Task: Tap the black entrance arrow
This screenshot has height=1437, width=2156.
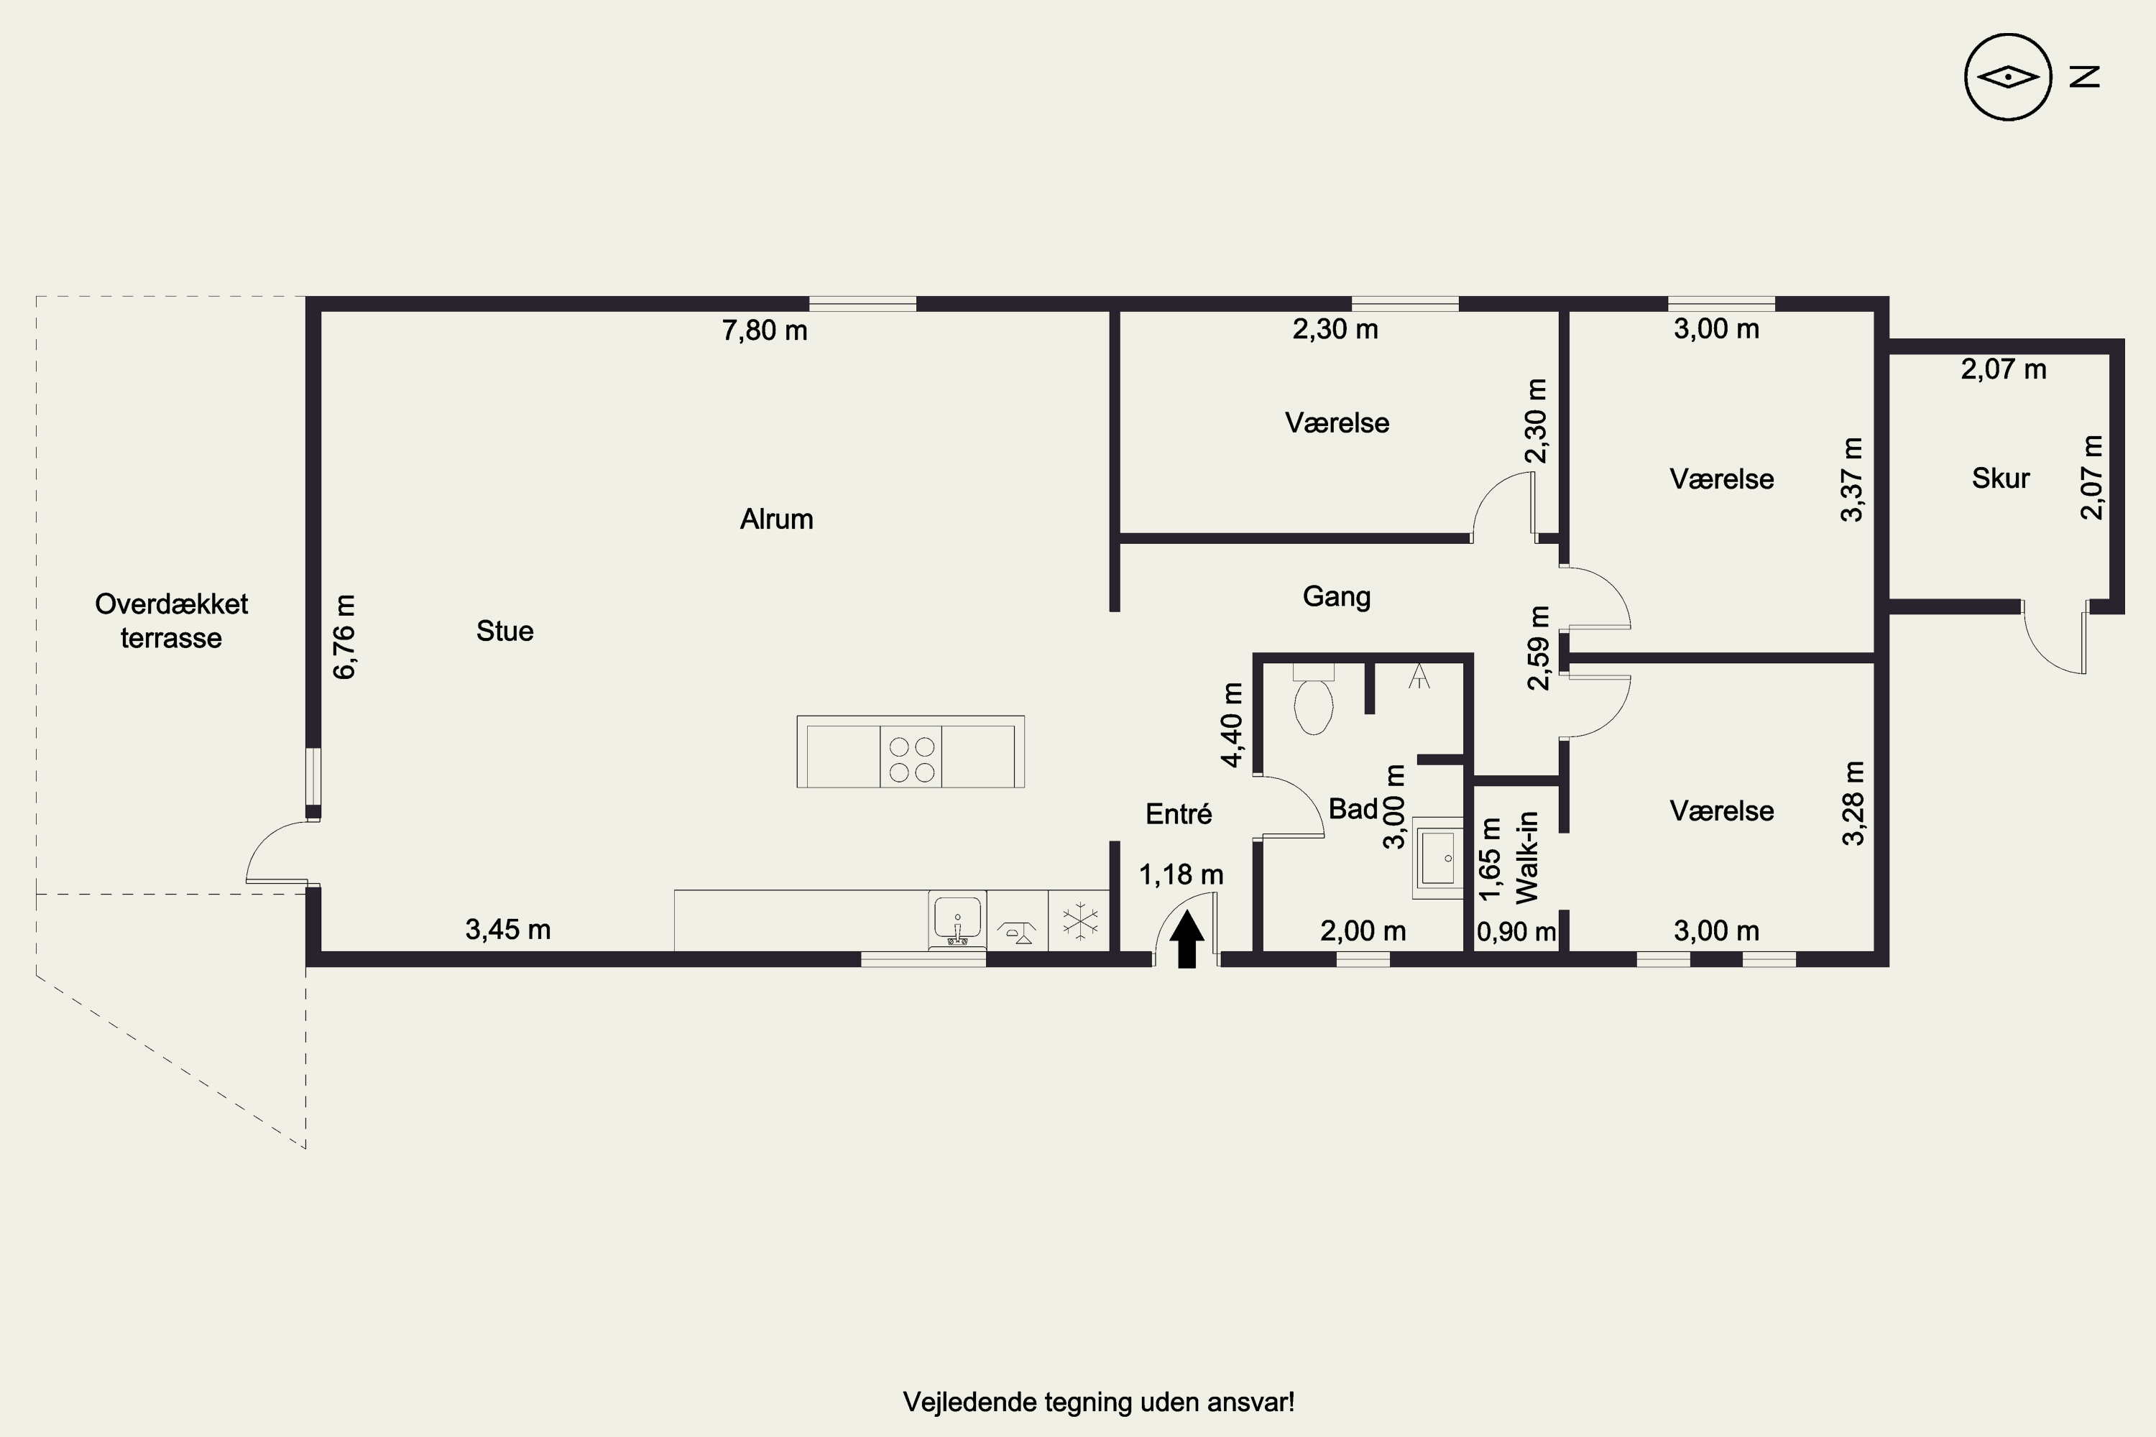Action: click(1187, 939)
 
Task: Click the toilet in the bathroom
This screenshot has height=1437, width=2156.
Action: click(1314, 699)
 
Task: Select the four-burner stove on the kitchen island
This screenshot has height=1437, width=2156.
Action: click(911, 759)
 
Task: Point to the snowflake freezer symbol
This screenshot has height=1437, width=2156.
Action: click(1080, 920)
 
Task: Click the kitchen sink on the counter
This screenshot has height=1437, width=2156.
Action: click(957, 919)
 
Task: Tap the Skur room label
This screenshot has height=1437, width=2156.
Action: click(2000, 478)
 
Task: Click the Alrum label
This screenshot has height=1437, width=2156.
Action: click(776, 519)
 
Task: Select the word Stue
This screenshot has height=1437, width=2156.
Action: click(505, 631)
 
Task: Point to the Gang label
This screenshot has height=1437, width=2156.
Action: click(1337, 596)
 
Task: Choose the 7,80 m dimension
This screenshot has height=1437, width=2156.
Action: click(765, 330)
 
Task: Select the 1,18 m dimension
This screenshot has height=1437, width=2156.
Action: click(1181, 874)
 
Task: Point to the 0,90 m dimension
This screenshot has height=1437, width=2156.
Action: click(1516, 931)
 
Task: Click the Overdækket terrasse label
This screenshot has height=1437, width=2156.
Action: click(172, 621)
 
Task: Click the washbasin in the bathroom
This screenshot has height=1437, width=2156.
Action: click(1437, 858)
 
